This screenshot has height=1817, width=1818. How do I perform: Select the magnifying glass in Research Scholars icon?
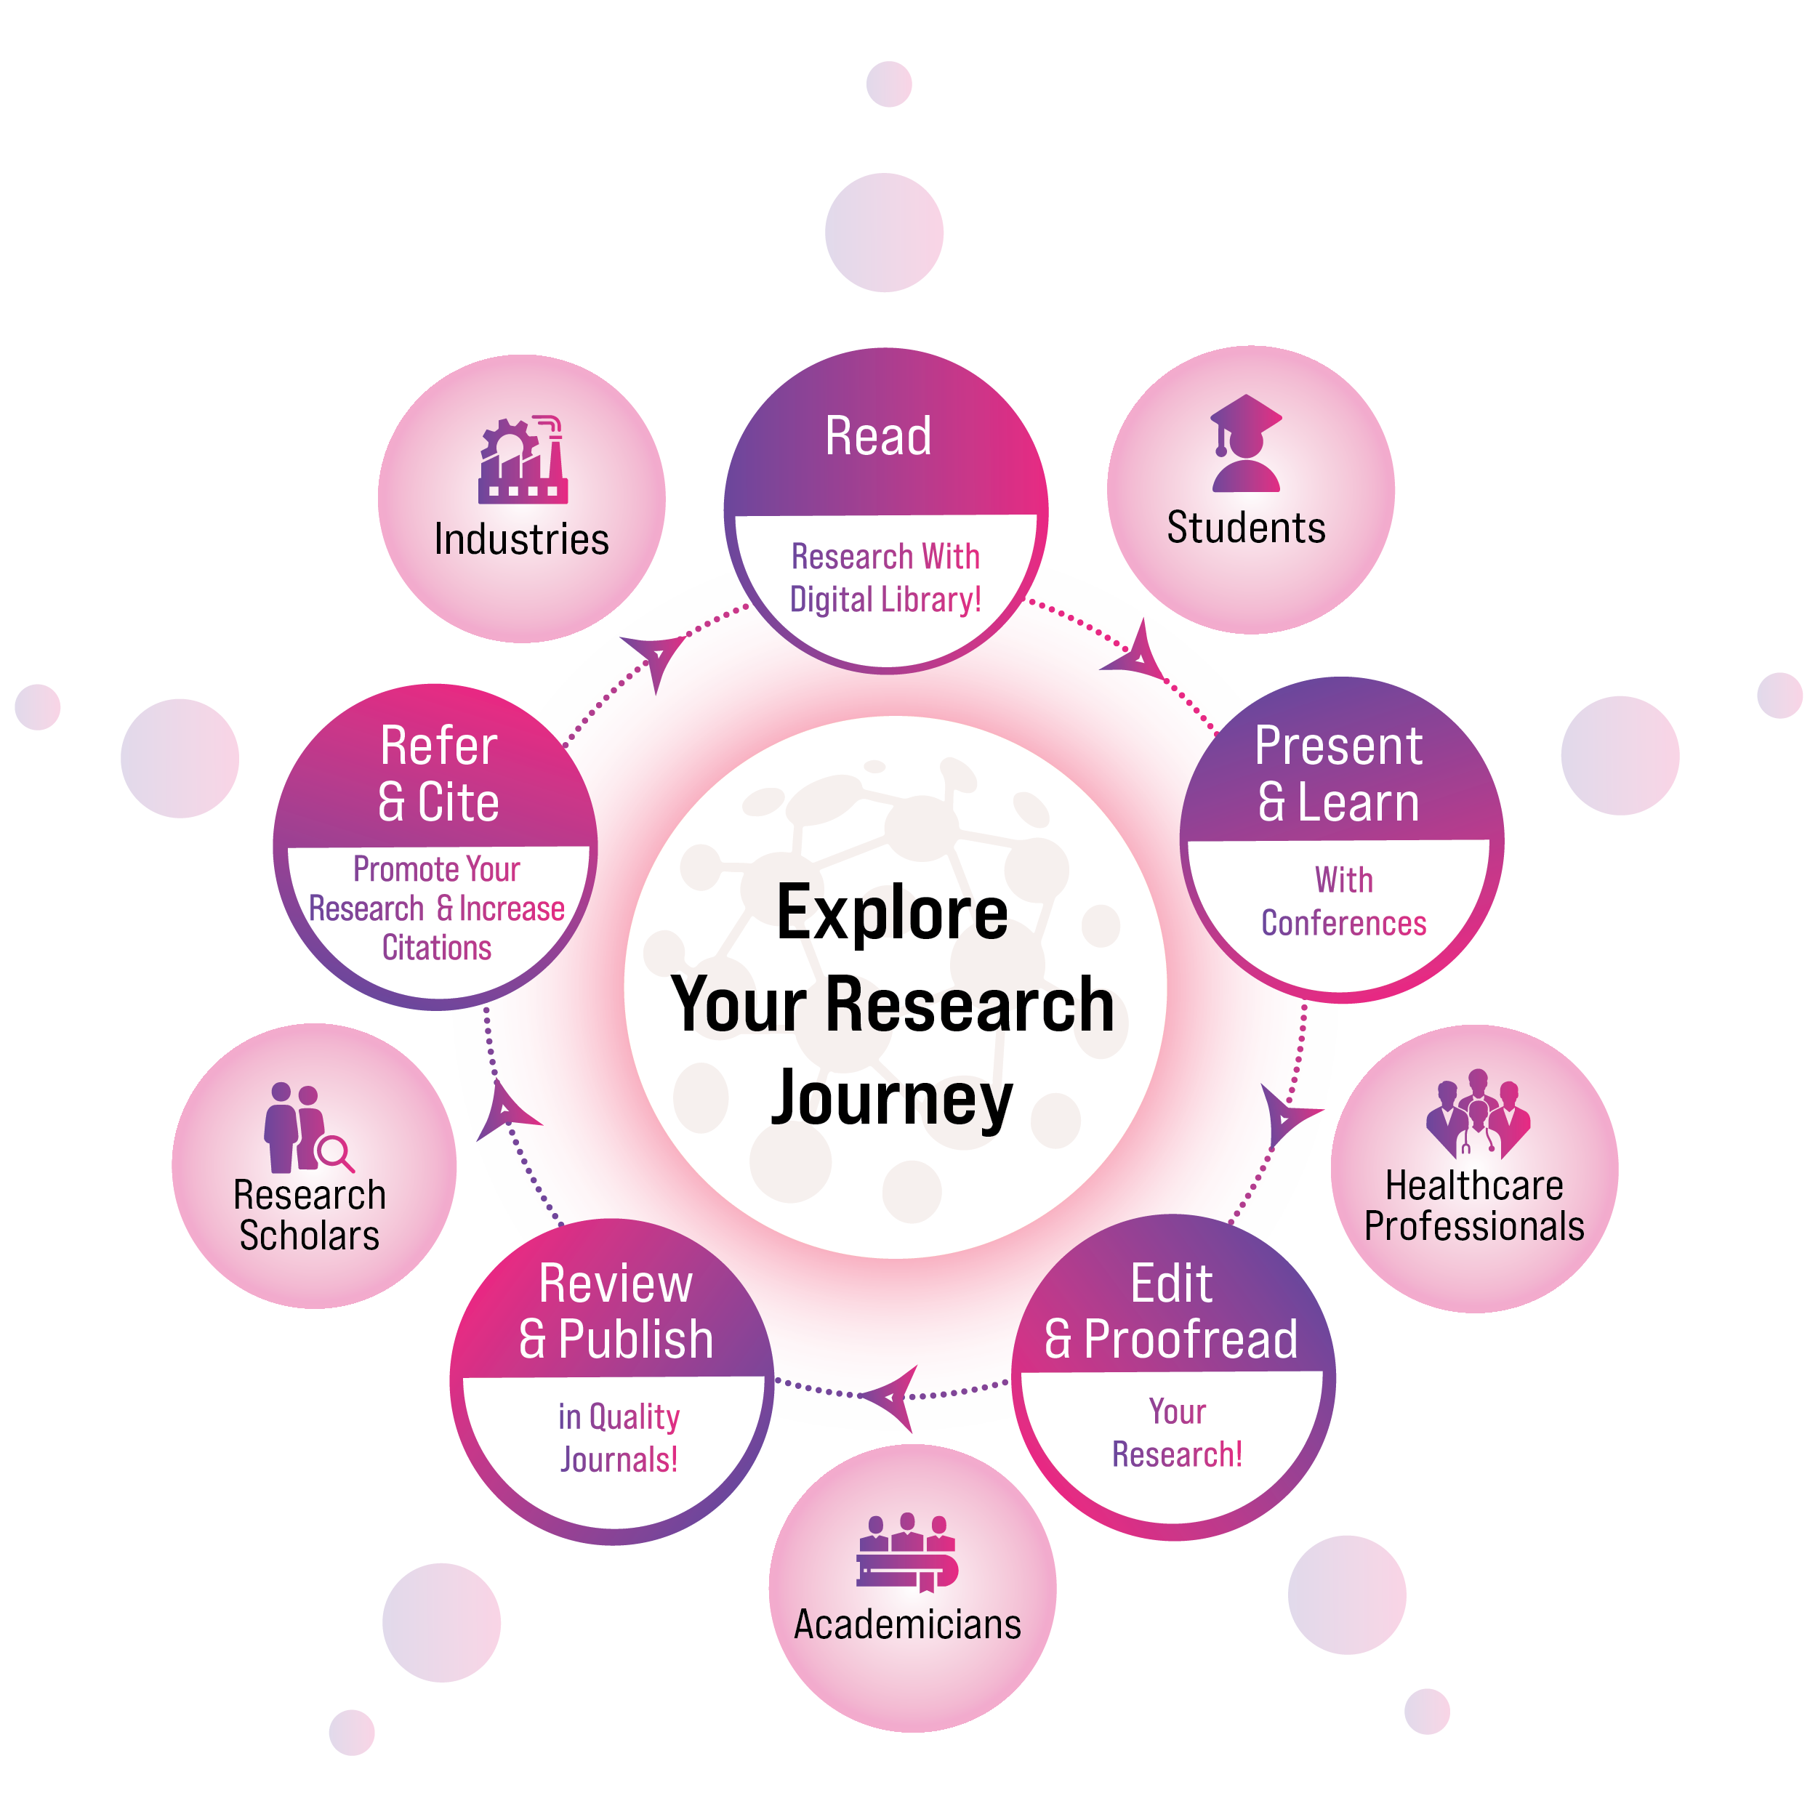[x=335, y=1153]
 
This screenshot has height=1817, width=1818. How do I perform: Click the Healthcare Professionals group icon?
[x=1476, y=1114]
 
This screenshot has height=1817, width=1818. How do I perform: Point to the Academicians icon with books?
[x=907, y=1553]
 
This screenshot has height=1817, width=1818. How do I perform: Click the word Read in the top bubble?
[x=878, y=437]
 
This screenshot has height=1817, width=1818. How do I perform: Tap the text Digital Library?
[x=885, y=600]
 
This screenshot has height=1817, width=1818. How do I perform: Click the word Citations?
[x=437, y=948]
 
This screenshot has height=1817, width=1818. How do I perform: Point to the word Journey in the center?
[x=892, y=1098]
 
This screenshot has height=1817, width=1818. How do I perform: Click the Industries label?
[x=521, y=539]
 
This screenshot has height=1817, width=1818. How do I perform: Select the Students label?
[x=1246, y=527]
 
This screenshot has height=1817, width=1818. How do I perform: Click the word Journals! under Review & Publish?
[x=619, y=1459]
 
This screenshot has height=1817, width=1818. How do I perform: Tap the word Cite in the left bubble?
[x=457, y=802]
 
